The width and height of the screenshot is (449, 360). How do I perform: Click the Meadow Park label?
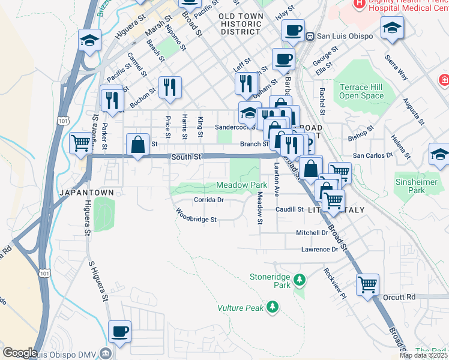click(241, 185)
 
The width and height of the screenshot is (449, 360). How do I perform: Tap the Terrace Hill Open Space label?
click(361, 91)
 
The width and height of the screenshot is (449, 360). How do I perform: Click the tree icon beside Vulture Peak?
click(273, 307)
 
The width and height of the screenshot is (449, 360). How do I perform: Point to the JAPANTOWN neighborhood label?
click(82, 192)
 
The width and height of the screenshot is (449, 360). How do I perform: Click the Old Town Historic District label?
click(240, 25)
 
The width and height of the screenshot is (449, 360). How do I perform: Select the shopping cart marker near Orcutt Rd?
click(367, 284)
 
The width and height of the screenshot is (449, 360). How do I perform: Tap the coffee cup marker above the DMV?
click(119, 331)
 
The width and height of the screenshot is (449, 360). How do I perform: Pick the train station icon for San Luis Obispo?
click(310, 35)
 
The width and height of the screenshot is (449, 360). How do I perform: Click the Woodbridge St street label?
click(196, 217)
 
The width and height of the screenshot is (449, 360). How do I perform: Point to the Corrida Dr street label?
click(208, 200)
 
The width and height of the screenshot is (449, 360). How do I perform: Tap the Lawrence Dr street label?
click(320, 249)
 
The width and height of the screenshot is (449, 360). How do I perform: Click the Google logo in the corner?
click(20, 352)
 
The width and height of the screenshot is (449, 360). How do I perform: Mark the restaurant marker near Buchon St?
click(112, 100)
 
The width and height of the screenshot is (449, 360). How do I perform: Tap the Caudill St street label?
click(290, 209)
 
